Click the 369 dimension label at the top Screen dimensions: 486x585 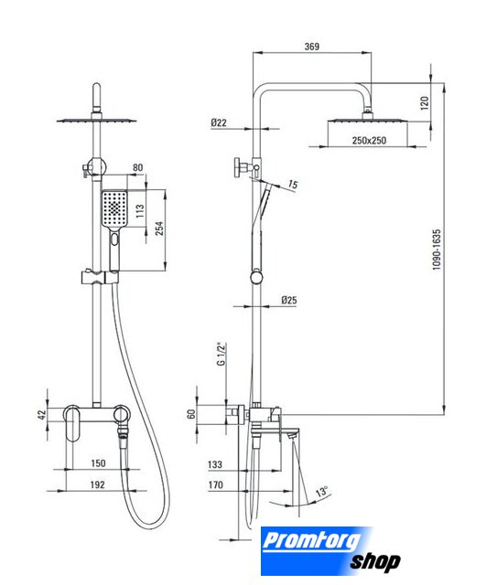coord(312,47)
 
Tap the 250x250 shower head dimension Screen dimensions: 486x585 coord(369,141)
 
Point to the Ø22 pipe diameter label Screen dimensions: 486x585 coord(219,122)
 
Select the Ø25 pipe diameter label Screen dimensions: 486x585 coord(289,300)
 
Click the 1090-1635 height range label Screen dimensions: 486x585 coord(437,250)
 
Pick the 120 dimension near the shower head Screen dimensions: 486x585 coord(425,103)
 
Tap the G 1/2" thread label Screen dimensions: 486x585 coord(221,354)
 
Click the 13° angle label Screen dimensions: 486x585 coord(321,491)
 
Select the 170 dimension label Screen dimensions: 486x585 coord(216,484)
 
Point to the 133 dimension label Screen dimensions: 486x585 coord(215,464)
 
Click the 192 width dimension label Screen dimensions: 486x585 coord(98,484)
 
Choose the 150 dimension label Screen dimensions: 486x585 coord(98,463)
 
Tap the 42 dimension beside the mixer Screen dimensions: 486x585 coord(42,414)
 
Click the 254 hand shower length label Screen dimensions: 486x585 coord(159,229)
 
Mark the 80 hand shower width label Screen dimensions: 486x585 coord(138,167)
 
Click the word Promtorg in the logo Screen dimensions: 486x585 coord(312,541)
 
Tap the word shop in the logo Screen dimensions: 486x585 coord(375,561)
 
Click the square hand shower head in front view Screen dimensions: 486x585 coord(114,207)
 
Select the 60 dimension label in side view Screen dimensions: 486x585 coord(191,414)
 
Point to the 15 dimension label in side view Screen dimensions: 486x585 coord(293,185)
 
